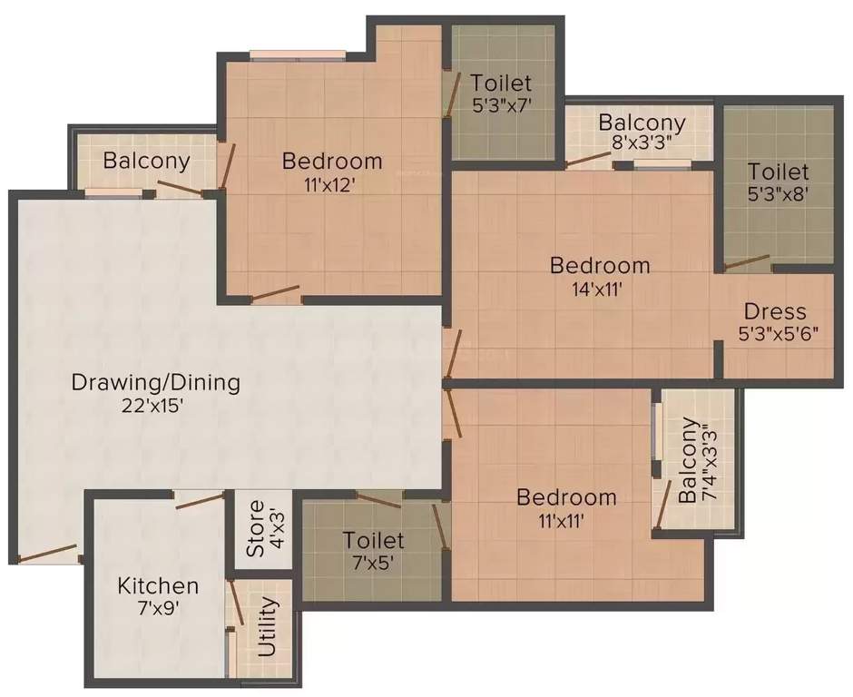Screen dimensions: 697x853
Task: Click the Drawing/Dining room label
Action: (155, 382)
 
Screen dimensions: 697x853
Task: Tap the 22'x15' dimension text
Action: (155, 406)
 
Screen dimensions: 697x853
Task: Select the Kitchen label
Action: (158, 585)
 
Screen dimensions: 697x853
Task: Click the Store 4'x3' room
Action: (256, 529)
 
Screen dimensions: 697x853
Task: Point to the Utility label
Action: (268, 627)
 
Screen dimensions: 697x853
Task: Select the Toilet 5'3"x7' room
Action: (500, 93)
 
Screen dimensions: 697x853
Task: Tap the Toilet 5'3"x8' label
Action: (778, 182)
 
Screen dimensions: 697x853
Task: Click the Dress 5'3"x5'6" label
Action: (778, 321)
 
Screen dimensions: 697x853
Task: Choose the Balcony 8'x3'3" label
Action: (642, 132)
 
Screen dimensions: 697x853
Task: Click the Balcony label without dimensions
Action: (146, 162)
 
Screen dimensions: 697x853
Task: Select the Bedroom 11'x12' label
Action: (331, 172)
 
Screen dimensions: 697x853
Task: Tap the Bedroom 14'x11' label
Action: (600, 276)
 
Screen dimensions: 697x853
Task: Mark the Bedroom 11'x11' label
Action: (566, 507)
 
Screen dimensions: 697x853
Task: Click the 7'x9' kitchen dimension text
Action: (158, 609)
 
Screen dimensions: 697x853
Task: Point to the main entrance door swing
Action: (47, 554)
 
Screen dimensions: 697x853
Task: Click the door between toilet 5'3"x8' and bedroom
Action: (748, 264)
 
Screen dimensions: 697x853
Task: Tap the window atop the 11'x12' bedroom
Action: (297, 56)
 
